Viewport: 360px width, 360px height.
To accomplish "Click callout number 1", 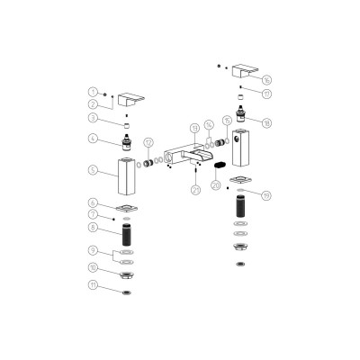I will [93, 92].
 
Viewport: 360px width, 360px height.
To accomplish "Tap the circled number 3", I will [93, 118].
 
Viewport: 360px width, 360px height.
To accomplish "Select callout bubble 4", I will [93, 139].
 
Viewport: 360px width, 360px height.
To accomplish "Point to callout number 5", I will [93, 169].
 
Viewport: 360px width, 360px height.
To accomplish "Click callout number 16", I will [264, 79].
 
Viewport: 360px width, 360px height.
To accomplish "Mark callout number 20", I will [215, 185].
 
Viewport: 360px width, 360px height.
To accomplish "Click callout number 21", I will [195, 189].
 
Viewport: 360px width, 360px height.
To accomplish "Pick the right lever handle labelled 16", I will [243, 72].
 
